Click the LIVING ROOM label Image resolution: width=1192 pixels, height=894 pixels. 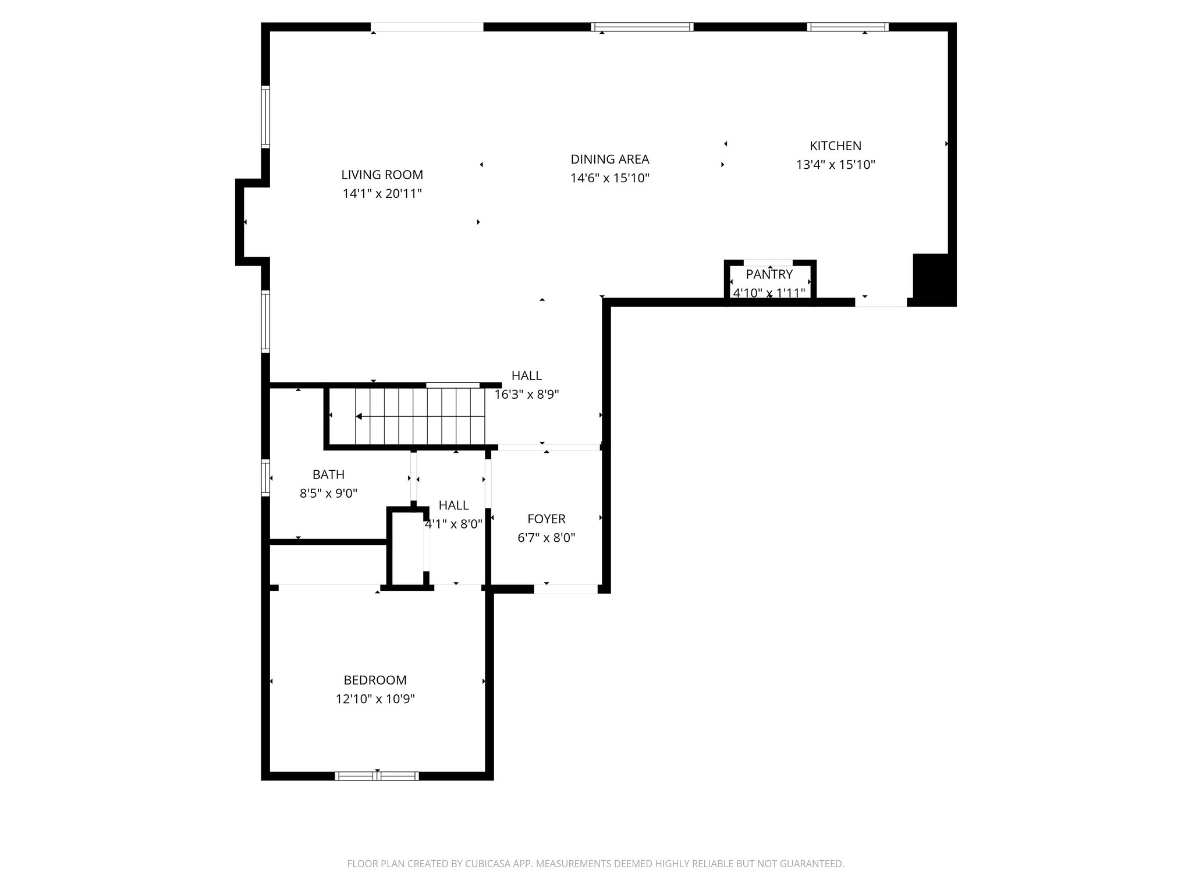pyautogui.click(x=382, y=175)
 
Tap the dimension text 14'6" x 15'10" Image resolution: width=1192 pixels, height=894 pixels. pyautogui.click(x=609, y=178)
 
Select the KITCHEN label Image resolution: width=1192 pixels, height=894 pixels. pyautogui.click(x=835, y=146)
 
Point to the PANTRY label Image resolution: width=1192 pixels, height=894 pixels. pyautogui.click(x=769, y=274)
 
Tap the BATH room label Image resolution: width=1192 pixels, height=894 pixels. pyautogui.click(x=328, y=474)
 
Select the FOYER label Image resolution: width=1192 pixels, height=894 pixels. pyautogui.click(x=546, y=519)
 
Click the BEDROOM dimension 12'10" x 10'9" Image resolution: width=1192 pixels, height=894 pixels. pyautogui.click(x=375, y=698)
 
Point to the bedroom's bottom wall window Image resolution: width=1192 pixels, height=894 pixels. pyautogui.click(x=377, y=775)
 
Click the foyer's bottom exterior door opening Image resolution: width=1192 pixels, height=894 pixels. pyautogui.click(x=565, y=589)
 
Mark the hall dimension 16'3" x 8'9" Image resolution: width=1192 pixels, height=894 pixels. pyautogui.click(x=527, y=395)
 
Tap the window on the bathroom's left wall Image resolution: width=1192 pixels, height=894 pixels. pyautogui.click(x=265, y=477)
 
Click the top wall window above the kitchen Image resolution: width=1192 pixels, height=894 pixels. pyautogui.click(x=847, y=27)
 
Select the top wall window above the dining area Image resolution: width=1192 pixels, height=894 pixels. pyautogui.click(x=642, y=27)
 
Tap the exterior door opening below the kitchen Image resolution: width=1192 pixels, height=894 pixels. pyautogui.click(x=881, y=302)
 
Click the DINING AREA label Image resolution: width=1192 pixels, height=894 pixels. pyautogui.click(x=609, y=159)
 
